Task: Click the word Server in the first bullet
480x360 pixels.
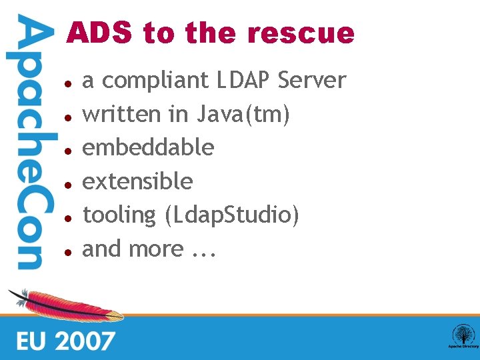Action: point(312,81)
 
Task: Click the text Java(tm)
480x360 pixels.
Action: point(243,115)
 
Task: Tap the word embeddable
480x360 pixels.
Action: point(148,147)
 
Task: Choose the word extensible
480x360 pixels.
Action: point(137,181)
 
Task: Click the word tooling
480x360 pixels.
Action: point(119,215)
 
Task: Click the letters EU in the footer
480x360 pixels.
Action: point(32,341)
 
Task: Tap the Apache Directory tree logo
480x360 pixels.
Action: point(462,335)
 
